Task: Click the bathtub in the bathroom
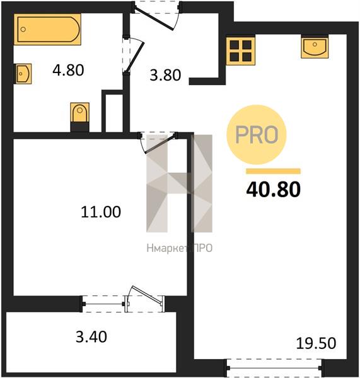tap(47, 30)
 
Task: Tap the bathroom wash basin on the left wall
tap(23, 74)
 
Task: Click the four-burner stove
tap(241, 51)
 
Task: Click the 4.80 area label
tap(68, 70)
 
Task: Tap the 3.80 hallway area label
tap(165, 75)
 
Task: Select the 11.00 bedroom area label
tap(101, 212)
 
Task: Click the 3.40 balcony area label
tap(91, 337)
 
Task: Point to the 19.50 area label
tap(316, 343)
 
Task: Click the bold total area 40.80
tap(274, 189)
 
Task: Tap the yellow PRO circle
tap(256, 135)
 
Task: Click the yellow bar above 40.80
tap(274, 171)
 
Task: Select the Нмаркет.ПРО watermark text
tap(180, 248)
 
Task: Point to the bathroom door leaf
tap(135, 57)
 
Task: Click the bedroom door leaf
tap(160, 144)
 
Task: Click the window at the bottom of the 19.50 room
tap(274, 368)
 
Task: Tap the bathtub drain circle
tap(23, 30)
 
